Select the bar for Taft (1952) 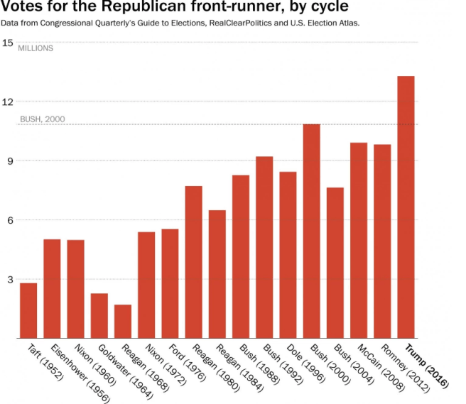tap(28, 310)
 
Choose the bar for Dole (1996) tap(288, 255)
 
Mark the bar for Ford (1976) tap(170, 283)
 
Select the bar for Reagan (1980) tap(194, 262)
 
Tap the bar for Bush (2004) tap(335, 263)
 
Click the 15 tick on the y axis tap(8, 43)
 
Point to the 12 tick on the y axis tap(8, 102)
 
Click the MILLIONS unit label tap(35, 48)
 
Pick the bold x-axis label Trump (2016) tap(426, 366)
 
